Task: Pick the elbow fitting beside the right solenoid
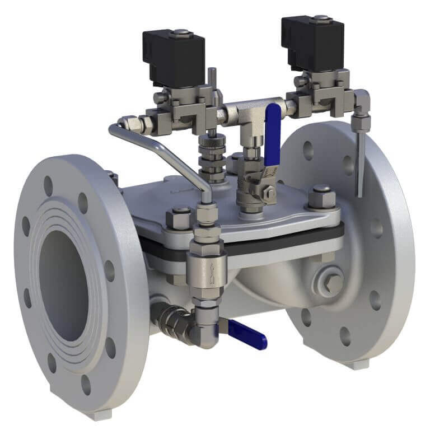coord(361,101)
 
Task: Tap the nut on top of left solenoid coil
coord(180,33)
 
